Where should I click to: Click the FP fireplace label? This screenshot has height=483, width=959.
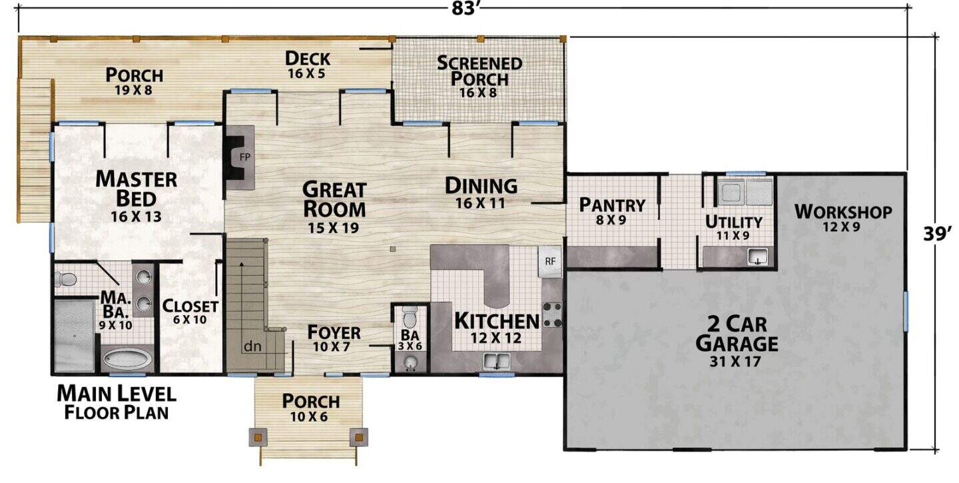tap(245, 157)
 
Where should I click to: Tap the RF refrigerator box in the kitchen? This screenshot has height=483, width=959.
tap(549, 262)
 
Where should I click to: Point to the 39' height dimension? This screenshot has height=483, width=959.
tap(938, 235)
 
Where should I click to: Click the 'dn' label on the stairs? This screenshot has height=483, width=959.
tap(252, 346)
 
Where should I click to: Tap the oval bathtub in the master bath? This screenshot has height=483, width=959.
tap(128, 359)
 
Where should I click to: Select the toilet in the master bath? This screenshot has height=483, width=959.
tap(65, 280)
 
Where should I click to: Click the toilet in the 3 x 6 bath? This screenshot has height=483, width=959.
tap(410, 317)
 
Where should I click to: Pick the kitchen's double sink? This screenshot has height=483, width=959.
tap(497, 361)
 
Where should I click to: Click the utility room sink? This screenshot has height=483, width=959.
tap(758, 256)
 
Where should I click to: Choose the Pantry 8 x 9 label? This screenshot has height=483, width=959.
tap(612, 212)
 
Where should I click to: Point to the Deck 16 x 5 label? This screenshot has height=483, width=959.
tap(308, 65)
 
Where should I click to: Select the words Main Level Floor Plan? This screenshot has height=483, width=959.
tap(117, 402)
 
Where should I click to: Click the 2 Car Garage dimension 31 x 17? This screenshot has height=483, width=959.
tap(735, 362)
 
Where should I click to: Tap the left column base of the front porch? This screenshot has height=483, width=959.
tap(258, 437)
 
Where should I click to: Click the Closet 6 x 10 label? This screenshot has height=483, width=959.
tap(190, 312)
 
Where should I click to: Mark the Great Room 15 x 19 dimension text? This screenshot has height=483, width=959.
tap(334, 228)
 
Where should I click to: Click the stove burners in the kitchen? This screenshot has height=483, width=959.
tap(552, 314)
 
